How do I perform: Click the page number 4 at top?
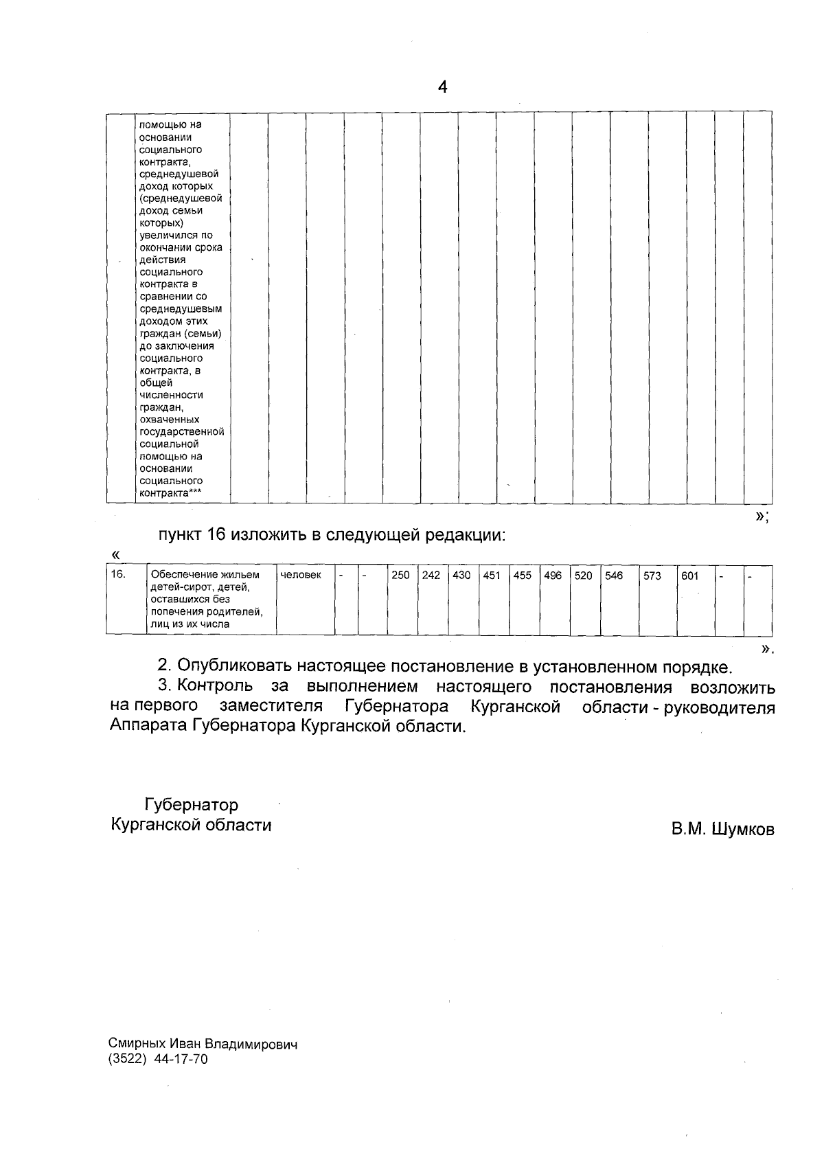coord(443,87)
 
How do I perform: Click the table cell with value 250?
coord(400,575)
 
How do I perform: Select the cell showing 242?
coord(431,575)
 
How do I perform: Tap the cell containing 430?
coord(461,575)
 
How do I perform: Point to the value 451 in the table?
coord(492,576)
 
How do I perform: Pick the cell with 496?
coord(553,576)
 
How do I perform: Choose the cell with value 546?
coord(614,576)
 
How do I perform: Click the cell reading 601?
coord(689,576)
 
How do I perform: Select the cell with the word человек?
coord(301,575)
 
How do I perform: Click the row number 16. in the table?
coord(118,574)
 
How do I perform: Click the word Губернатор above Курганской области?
coord(191,804)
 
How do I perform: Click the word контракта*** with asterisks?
coord(174,493)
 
